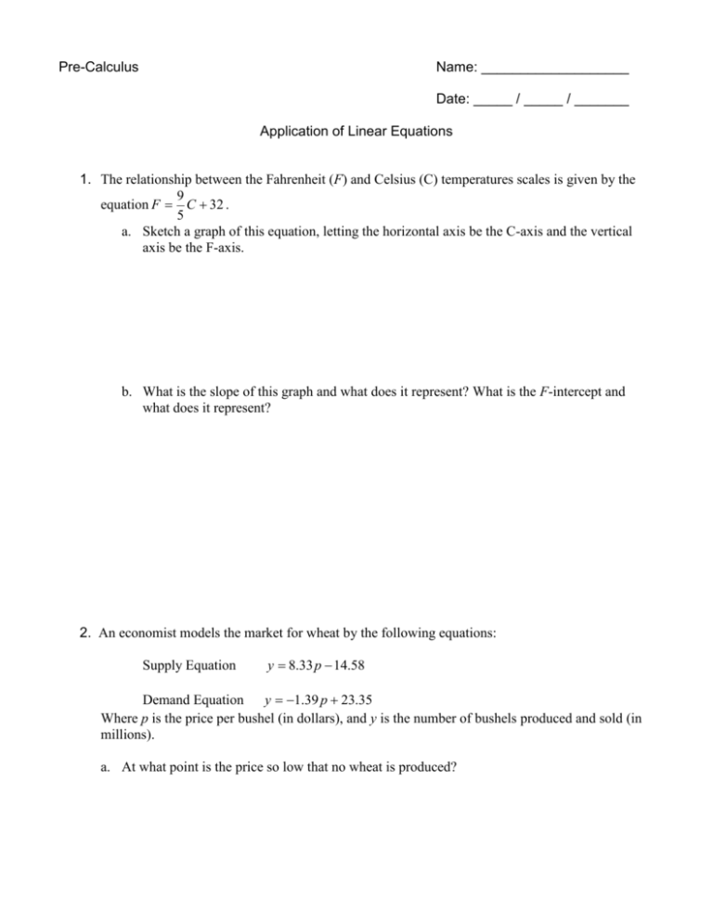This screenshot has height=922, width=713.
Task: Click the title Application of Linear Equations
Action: pos(356,132)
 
